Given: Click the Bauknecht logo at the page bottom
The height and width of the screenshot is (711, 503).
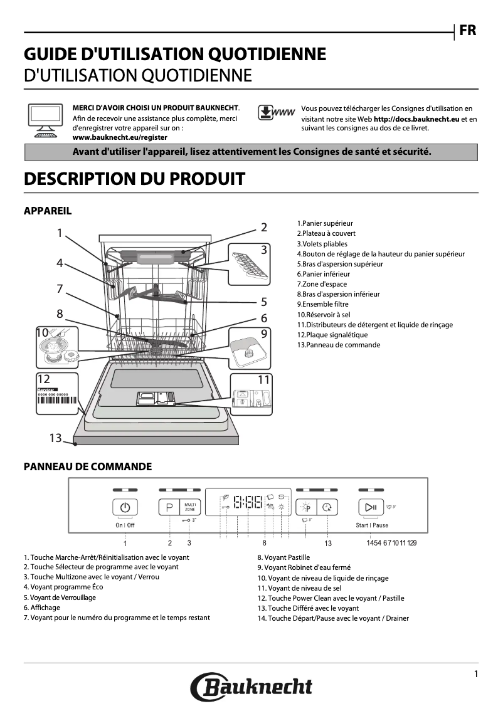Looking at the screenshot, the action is tap(251, 687).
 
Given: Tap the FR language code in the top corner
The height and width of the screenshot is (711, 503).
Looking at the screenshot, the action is tap(468, 31).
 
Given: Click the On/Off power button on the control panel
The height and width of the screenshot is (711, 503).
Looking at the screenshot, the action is tap(125, 507).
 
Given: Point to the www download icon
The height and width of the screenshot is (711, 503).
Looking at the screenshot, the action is tap(276, 113).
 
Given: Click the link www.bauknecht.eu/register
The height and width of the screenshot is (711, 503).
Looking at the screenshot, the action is tap(120, 137).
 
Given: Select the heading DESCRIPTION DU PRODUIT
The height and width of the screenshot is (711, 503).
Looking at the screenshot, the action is tap(134, 179).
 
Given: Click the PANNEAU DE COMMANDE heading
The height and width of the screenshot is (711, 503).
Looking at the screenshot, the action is tap(87, 466).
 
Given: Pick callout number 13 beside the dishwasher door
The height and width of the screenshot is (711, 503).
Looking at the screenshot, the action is tap(56, 438).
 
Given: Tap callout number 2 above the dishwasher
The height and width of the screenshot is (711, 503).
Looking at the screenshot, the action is tap(264, 228).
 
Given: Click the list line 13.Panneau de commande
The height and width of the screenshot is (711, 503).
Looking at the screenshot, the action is tap(338, 345).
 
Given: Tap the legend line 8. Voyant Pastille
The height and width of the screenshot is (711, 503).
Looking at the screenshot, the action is tap(283, 557).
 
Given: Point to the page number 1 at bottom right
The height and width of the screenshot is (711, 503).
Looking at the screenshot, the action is tap(476, 674).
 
